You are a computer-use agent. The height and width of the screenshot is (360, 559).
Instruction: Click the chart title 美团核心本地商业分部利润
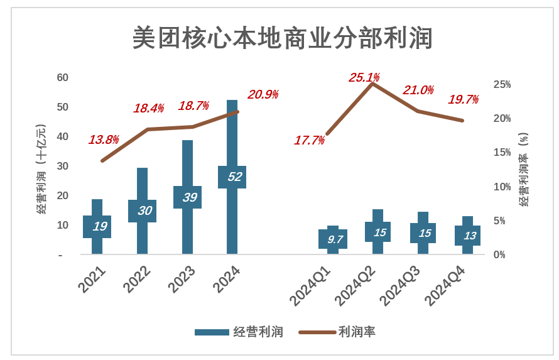tap(283, 38)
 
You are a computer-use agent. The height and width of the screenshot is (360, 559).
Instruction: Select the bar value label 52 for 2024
tap(234, 177)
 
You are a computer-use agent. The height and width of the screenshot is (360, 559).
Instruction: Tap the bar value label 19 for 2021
tap(99, 226)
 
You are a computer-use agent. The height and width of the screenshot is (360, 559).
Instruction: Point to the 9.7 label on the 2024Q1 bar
tap(335, 239)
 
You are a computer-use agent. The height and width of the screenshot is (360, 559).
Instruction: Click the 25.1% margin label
tap(364, 78)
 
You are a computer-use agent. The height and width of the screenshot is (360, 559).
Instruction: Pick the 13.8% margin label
tap(104, 139)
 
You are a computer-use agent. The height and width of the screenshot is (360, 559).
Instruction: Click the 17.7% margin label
tap(309, 140)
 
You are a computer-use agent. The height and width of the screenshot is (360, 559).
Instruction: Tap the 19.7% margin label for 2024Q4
tap(463, 99)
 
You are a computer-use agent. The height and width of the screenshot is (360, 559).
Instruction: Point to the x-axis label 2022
tap(137, 279)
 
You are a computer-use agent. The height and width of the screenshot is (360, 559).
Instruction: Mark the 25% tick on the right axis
tap(502, 84)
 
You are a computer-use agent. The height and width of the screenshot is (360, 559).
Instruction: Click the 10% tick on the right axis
tap(502, 187)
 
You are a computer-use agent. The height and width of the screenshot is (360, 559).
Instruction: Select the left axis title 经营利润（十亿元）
tap(41, 169)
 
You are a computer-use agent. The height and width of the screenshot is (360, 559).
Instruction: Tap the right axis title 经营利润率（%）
tap(524, 169)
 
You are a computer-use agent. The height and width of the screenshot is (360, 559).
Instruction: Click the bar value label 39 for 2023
tap(189, 197)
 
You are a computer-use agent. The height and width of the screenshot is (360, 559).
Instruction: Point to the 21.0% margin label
tap(418, 90)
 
